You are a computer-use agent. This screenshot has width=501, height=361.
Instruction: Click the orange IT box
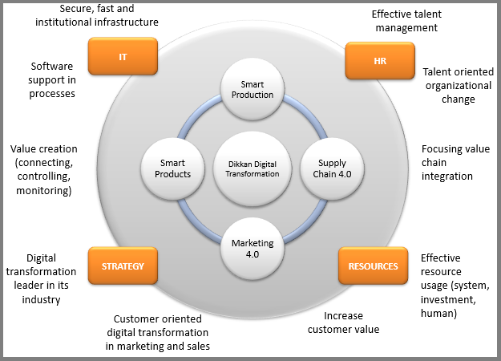123,57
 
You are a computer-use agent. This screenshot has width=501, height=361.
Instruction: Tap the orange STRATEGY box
122,266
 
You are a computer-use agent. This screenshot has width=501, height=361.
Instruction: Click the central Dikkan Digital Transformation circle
253,168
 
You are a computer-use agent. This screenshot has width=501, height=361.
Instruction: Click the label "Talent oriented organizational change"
459,86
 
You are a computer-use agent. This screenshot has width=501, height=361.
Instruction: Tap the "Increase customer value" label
345,322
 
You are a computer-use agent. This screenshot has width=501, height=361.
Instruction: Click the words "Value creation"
44,148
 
